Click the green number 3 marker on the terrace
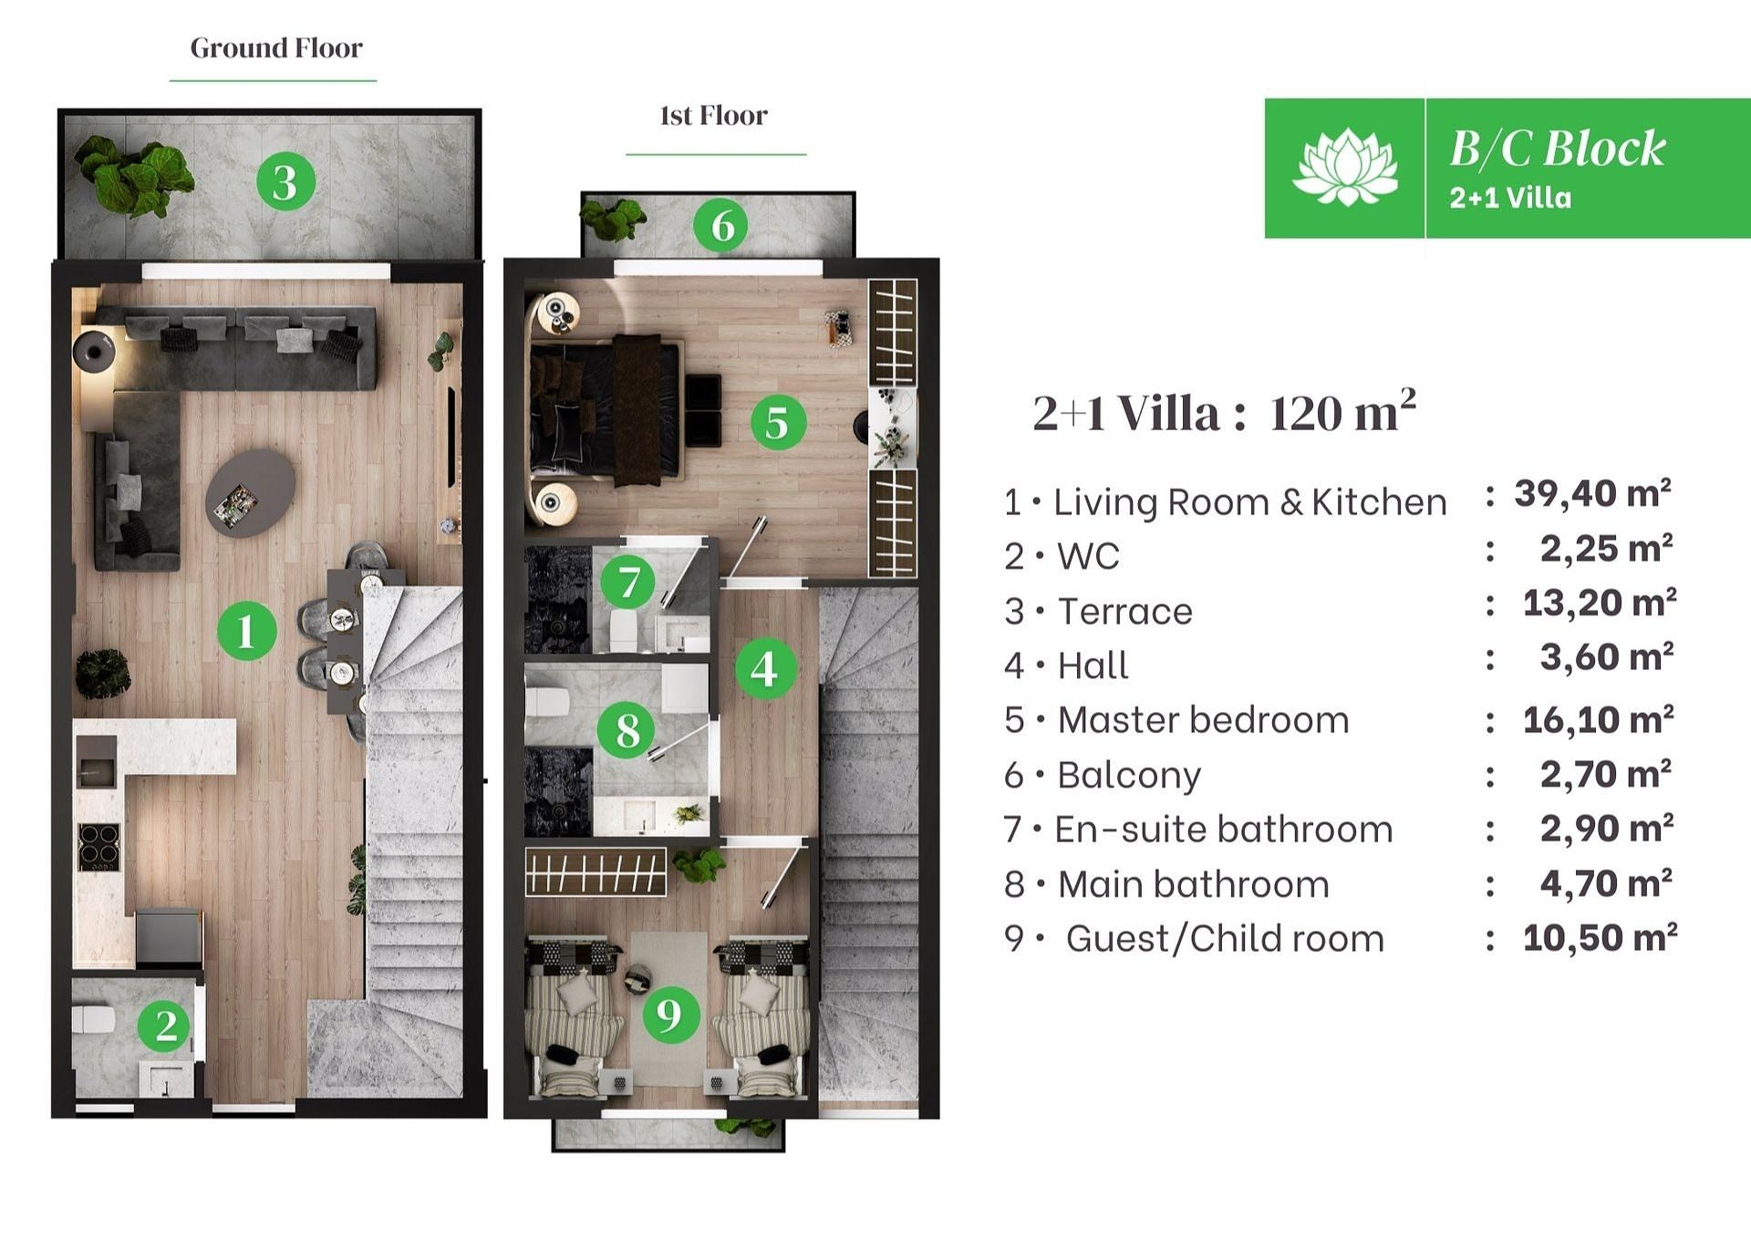click(285, 181)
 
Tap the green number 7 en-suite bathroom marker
click(628, 582)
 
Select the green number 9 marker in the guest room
click(670, 1014)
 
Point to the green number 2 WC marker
click(165, 1026)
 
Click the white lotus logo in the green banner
click(1344, 167)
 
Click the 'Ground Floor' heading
click(275, 47)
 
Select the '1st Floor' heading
click(713, 116)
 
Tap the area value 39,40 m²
click(1592, 493)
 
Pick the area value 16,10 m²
click(1598, 719)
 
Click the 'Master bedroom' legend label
click(1203, 720)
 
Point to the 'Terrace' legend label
click(1124, 612)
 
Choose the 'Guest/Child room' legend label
click(1225, 938)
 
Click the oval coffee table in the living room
click(250, 492)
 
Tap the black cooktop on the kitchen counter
click(98, 847)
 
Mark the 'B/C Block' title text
click(1557, 149)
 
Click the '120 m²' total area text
click(1342, 412)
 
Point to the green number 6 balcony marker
click(721, 225)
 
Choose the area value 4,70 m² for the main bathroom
click(1606, 883)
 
